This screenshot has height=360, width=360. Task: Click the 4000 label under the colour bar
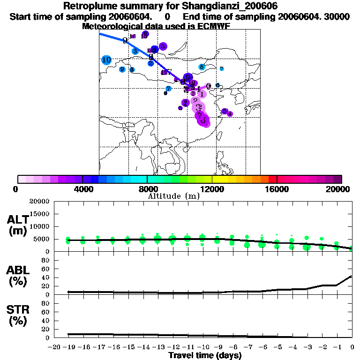click(82, 189)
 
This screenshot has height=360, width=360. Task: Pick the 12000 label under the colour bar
click(212, 189)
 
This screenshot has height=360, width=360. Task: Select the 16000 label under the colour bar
click(277, 189)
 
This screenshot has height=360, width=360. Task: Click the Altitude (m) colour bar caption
click(173, 196)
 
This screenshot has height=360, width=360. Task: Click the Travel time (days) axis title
click(205, 356)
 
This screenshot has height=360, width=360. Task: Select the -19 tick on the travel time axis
click(68, 347)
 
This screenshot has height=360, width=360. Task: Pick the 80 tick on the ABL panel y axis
click(46, 261)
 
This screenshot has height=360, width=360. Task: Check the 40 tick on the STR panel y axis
click(46, 321)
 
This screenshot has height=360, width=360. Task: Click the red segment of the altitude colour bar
click(272, 179)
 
